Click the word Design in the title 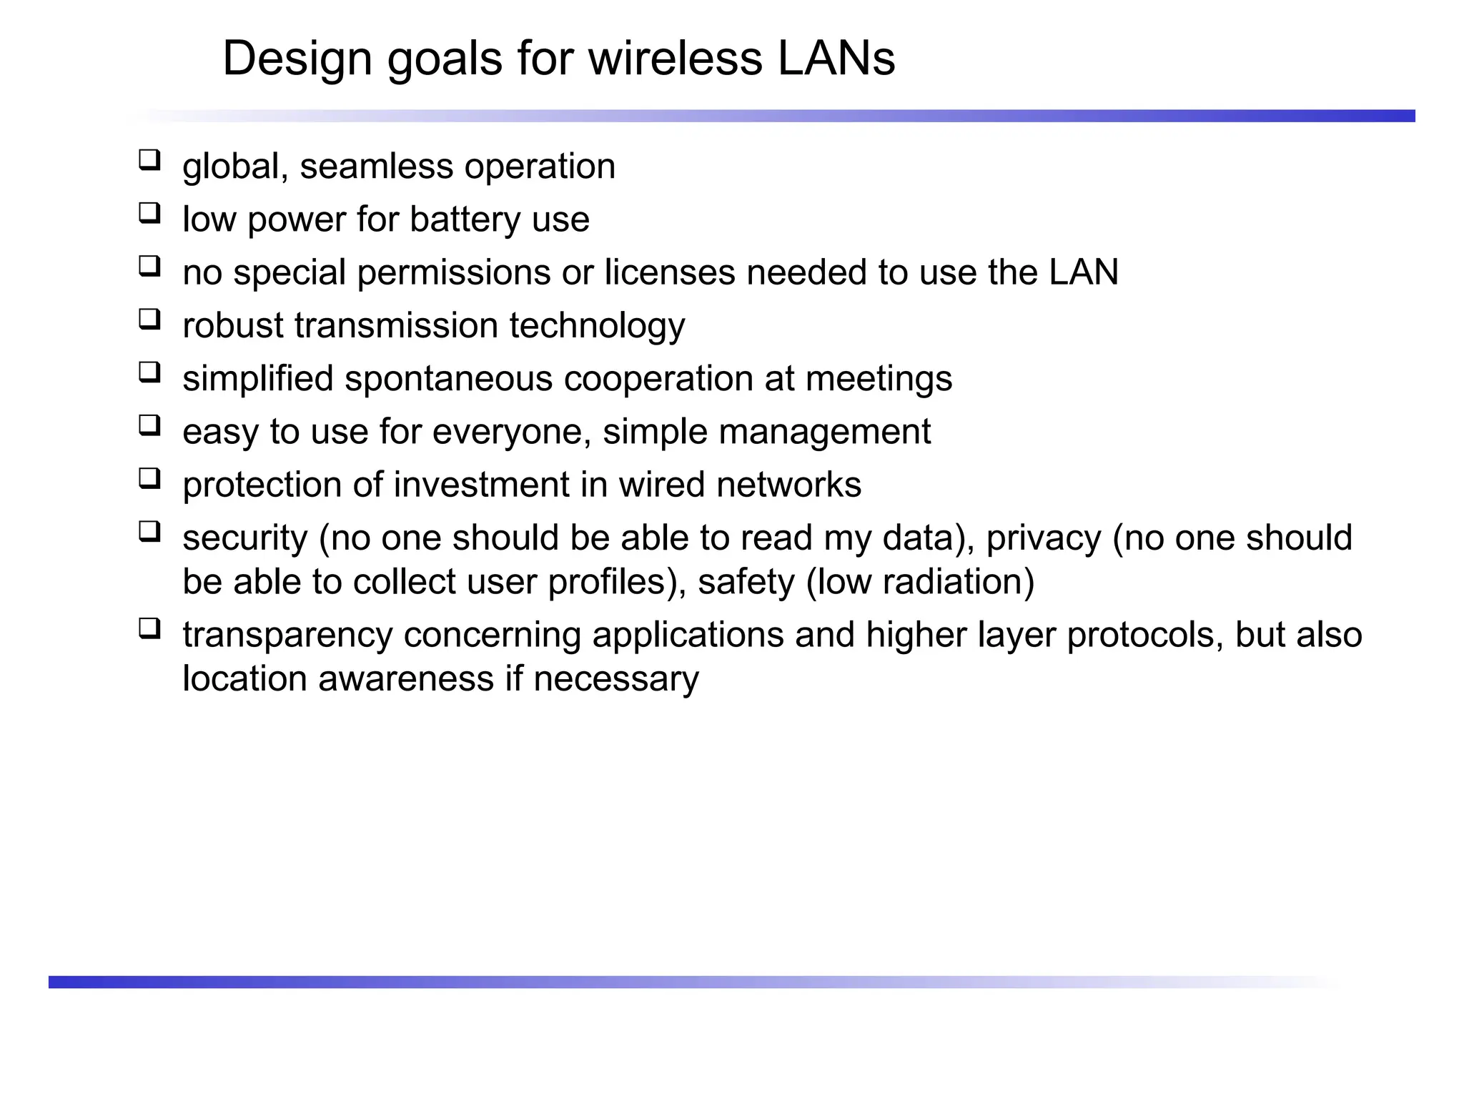[297, 58]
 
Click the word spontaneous [448, 378]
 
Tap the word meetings [879, 378]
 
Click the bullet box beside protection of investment [149, 478]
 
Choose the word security [244, 538]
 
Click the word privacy [1044, 538]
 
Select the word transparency [287, 635]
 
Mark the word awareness [405, 678]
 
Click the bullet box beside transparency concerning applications [149, 628]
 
